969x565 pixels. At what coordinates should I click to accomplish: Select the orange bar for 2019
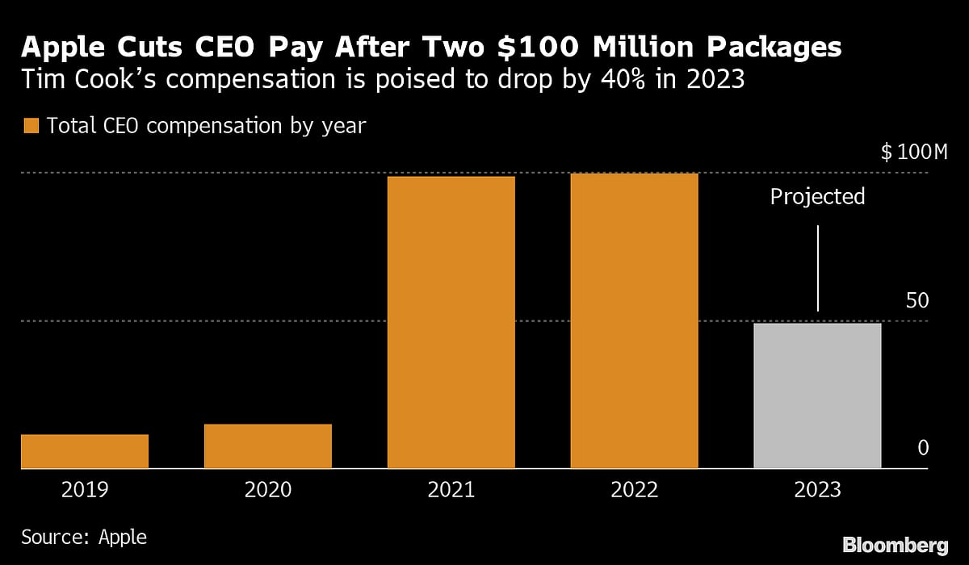(85, 451)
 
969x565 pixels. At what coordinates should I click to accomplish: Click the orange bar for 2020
(268, 446)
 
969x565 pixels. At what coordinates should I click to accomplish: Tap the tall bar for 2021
(451, 322)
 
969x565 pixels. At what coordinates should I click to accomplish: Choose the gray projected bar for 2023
(817, 395)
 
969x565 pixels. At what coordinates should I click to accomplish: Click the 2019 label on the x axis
(85, 490)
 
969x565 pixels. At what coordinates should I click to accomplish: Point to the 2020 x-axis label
(268, 490)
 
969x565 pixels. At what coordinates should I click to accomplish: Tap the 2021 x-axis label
(451, 490)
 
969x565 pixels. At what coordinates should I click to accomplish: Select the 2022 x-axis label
(634, 490)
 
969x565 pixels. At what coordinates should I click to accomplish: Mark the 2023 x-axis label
(817, 490)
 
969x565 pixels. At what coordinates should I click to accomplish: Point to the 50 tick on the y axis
(917, 300)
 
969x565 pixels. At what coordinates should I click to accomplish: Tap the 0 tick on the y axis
(923, 448)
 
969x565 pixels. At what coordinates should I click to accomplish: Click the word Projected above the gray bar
(817, 197)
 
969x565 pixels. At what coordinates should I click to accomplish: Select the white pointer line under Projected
(818, 268)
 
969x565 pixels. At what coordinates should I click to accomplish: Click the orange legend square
(31, 126)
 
